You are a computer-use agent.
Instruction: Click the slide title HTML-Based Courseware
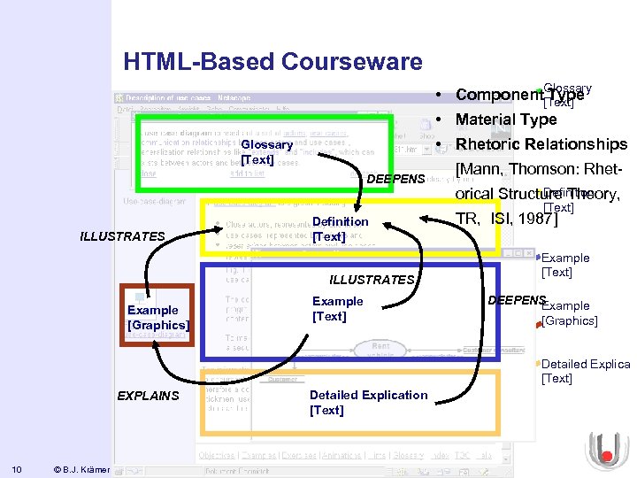(273, 62)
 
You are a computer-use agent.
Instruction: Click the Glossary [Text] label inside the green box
(265, 151)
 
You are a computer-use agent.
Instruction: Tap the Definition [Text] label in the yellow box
(340, 229)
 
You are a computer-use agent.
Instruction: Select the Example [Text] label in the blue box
(337, 309)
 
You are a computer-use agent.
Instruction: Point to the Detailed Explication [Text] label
(368, 402)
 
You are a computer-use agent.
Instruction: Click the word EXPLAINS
(148, 396)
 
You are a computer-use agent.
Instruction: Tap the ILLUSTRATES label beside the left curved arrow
(122, 236)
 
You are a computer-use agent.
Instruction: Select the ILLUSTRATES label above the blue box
(372, 280)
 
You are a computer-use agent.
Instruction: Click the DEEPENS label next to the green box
(395, 180)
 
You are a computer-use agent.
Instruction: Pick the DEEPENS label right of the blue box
(517, 300)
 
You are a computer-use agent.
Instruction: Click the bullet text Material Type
(506, 119)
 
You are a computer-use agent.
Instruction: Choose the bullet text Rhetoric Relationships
(541, 144)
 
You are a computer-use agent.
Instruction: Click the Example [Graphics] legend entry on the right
(569, 313)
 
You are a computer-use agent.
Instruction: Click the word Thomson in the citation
(542, 169)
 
